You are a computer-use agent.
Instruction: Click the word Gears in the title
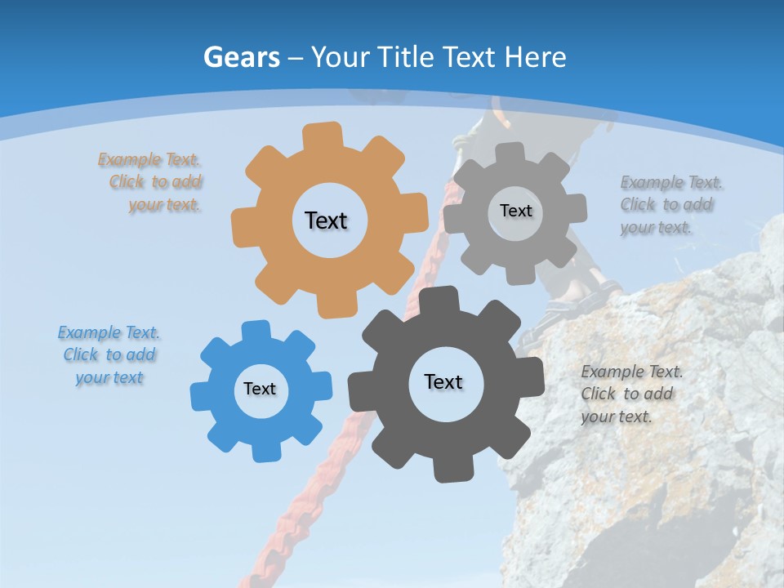[x=241, y=57]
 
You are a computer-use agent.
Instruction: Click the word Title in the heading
[x=408, y=57]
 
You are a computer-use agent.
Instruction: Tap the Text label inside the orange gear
[x=326, y=220]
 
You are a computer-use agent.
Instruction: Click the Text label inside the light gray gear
[x=515, y=211]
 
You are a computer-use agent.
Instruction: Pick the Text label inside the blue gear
[x=260, y=389]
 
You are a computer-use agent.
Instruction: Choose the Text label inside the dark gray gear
[x=443, y=381]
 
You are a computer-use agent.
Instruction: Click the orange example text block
[x=150, y=182]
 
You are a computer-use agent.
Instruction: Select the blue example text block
[x=109, y=354]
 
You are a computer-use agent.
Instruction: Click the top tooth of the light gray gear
[x=510, y=151]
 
